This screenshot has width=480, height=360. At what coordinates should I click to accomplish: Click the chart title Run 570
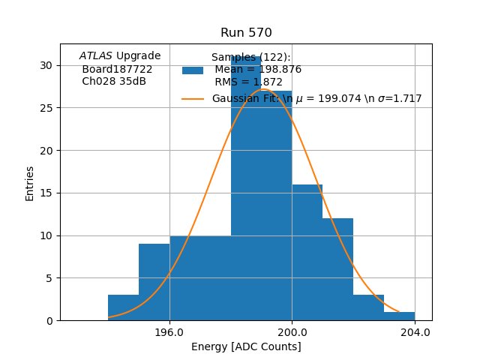[246, 33]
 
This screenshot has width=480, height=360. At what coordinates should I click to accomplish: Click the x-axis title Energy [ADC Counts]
[246, 346]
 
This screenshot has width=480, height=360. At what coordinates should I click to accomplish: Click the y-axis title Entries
[30, 183]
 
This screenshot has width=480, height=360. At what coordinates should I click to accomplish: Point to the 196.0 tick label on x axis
[169, 332]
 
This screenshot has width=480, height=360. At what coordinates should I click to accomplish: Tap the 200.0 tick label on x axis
[292, 332]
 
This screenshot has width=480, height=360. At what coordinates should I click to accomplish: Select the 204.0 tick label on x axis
[415, 332]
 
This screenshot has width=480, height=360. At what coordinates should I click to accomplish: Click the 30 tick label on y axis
[46, 65]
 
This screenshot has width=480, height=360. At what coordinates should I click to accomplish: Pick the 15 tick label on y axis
[46, 193]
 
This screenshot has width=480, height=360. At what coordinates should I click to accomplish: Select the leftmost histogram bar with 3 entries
[124, 308]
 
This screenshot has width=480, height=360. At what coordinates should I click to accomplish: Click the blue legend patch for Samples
[193, 70]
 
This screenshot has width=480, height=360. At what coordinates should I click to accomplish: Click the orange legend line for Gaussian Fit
[193, 98]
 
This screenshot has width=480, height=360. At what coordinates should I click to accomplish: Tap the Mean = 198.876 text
[257, 70]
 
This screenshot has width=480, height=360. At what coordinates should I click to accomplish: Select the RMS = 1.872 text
[248, 82]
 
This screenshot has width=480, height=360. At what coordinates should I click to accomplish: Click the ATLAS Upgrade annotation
[120, 56]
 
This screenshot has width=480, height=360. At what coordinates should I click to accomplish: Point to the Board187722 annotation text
[117, 69]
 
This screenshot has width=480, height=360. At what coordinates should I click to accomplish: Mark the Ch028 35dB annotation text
[114, 81]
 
